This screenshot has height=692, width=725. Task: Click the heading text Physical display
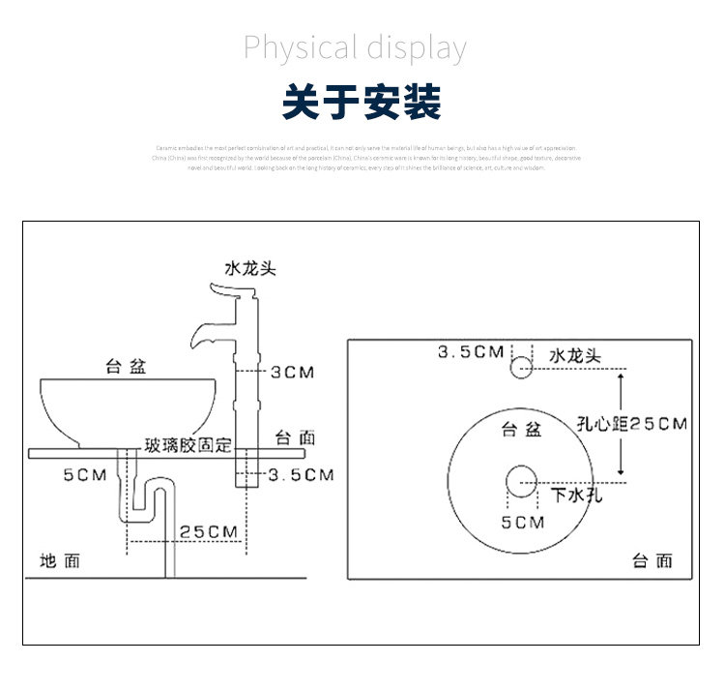click(355, 46)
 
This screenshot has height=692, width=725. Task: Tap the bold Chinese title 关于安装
click(362, 102)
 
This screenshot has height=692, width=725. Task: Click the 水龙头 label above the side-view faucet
click(250, 268)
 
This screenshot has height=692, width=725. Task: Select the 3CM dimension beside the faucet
click(291, 372)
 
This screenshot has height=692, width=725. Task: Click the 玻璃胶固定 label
click(188, 445)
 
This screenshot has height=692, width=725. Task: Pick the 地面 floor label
click(60, 560)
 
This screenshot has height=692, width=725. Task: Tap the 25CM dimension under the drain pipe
click(209, 531)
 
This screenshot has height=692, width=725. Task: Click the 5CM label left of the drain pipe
click(84, 474)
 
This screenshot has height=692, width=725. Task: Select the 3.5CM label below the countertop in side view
click(301, 474)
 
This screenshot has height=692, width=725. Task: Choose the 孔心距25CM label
click(631, 424)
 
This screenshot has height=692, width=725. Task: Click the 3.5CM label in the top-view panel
click(471, 351)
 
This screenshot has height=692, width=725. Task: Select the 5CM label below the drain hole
click(522, 523)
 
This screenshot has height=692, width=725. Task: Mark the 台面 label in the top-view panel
click(652, 560)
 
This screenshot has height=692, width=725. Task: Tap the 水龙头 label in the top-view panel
click(575, 355)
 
